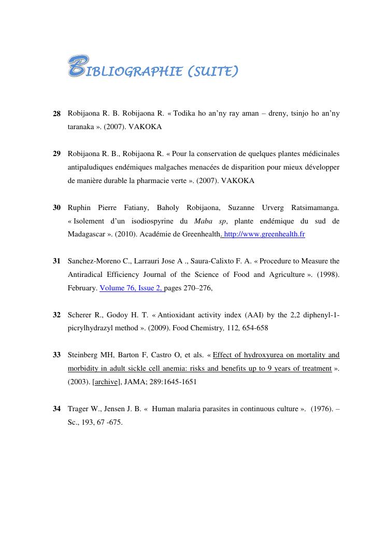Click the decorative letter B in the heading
(76, 68)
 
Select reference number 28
(57, 113)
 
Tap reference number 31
(57, 261)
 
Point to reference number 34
(57, 409)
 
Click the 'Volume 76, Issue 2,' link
(132, 288)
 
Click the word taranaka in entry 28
(81, 127)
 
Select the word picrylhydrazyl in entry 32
(92, 328)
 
